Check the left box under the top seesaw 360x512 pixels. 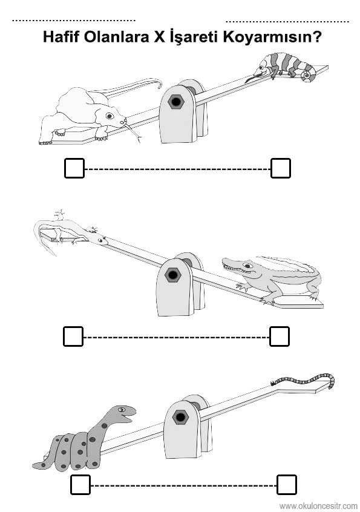pos(74,168)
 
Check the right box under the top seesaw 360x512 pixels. pos(281,168)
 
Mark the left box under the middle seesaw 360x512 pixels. pos(73,336)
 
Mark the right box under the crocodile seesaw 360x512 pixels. pos(280,336)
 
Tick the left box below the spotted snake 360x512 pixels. pos(80,485)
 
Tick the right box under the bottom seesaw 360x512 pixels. pos(287,485)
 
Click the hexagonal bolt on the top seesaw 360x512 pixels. pos(176,102)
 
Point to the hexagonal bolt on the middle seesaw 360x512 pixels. pos(172,275)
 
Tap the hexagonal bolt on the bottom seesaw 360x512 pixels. pos(180,417)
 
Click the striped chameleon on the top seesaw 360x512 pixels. pos(283,68)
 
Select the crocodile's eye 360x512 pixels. pos(247,266)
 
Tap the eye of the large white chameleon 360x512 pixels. pos(110,116)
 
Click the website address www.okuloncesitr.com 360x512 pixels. pos(318,506)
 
